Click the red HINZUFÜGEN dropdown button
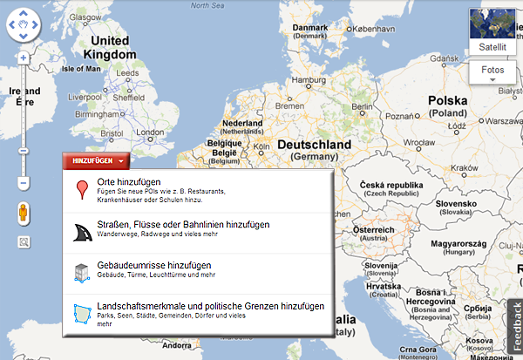pyautogui.click(x=96, y=160)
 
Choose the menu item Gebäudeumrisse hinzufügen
pyautogui.click(x=142, y=264)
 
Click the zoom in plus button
pyautogui.click(x=24, y=58)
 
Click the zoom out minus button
pyautogui.click(x=24, y=183)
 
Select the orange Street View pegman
pyautogui.click(x=24, y=214)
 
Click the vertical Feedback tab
pyautogui.click(x=515, y=326)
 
